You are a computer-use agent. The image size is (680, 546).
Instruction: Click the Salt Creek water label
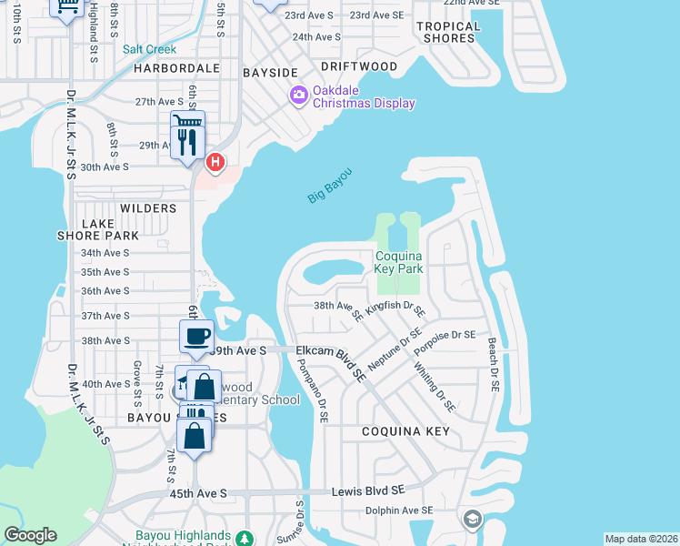click(149, 49)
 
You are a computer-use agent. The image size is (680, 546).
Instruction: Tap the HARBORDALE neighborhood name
click(177, 68)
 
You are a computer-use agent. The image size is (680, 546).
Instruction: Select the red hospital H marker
click(215, 163)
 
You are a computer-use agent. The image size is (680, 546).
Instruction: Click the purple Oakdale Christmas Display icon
click(298, 95)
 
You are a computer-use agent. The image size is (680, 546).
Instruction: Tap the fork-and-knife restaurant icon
click(187, 142)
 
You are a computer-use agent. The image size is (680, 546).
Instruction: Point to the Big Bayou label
click(328, 186)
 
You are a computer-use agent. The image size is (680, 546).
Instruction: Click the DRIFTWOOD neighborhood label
click(359, 66)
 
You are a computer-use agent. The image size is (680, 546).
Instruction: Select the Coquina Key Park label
click(400, 263)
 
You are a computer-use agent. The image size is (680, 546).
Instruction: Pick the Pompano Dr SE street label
click(311, 390)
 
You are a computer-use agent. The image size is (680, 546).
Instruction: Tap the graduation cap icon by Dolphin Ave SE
click(472, 520)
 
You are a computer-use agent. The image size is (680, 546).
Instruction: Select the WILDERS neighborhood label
click(148, 208)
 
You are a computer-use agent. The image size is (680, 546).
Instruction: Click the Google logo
click(31, 535)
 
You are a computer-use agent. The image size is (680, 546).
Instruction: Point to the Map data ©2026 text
click(641, 539)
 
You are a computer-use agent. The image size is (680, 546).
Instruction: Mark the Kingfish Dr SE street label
click(395, 310)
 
